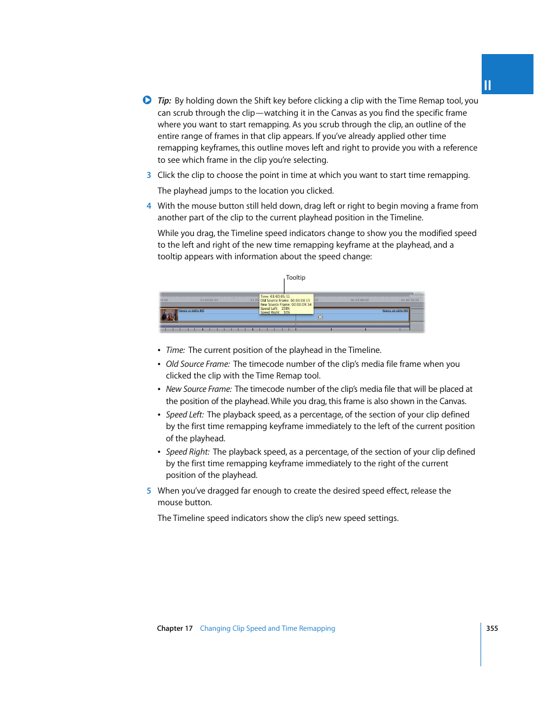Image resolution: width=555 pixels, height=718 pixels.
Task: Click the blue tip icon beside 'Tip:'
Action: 147,100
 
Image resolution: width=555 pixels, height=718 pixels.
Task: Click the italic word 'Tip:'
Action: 164,101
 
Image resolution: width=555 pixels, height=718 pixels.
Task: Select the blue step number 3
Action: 149,175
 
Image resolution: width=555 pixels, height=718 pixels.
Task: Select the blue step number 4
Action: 149,206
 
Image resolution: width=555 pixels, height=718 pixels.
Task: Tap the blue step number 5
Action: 149,491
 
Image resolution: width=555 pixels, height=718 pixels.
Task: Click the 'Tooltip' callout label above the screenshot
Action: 296,277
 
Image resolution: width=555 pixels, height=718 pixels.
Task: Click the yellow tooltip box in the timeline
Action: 286,304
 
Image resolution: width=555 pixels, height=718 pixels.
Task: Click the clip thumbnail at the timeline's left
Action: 168,315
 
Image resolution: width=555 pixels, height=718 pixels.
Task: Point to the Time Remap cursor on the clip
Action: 320,316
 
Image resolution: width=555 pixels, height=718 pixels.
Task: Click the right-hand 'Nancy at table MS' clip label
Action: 395,310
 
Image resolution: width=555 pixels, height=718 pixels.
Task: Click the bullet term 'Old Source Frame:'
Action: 198,364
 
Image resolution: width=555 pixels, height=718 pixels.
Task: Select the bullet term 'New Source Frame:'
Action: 198,389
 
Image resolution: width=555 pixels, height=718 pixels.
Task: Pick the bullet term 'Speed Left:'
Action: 184,415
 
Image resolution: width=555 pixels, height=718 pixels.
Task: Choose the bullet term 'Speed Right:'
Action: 187,452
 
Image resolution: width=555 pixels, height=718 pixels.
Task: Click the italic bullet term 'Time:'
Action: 175,350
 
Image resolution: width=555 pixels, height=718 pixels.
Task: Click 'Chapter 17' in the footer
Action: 175,628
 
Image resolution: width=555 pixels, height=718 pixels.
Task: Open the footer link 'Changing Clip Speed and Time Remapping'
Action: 267,628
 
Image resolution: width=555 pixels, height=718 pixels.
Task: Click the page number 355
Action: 492,628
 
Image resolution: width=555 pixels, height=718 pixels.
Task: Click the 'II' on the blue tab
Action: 488,85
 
